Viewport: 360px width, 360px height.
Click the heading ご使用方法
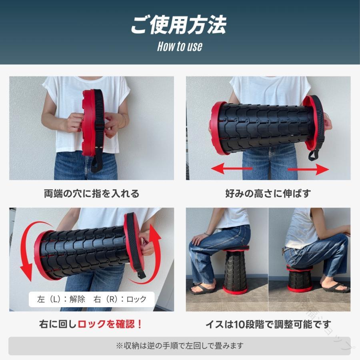[179, 25]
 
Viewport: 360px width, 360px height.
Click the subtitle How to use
[180, 46]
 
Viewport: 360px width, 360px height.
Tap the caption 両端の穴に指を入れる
[92, 194]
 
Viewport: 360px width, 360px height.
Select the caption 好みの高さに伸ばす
[268, 194]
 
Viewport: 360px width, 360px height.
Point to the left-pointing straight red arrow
[232, 168]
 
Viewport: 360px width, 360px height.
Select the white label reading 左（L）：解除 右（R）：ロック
[92, 299]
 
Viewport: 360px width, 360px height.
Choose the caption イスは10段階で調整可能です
[268, 324]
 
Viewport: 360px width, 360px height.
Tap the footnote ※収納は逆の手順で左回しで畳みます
[180, 346]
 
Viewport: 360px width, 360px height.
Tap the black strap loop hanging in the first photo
[97, 161]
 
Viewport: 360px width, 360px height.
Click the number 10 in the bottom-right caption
[240, 324]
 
